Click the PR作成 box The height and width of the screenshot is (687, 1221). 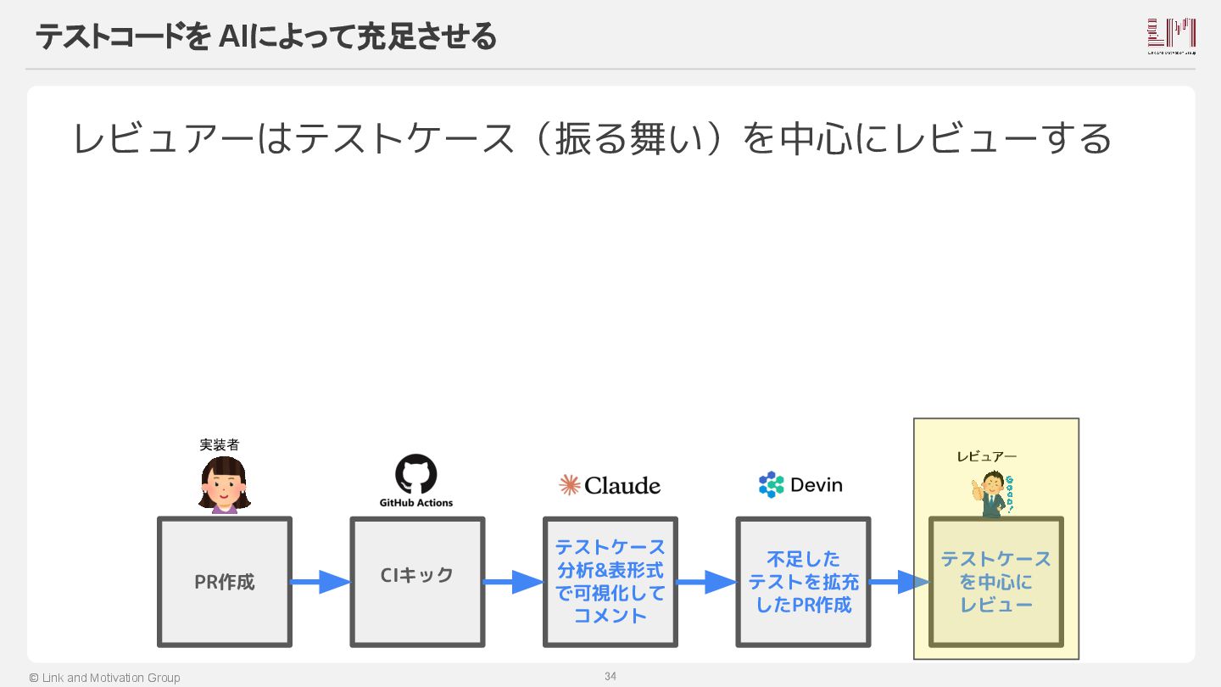pyautogui.click(x=225, y=582)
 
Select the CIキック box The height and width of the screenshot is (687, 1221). pyautogui.click(x=417, y=582)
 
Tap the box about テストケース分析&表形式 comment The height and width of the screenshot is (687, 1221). pyautogui.click(x=610, y=582)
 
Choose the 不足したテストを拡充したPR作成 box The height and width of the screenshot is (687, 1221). pyautogui.click(x=803, y=582)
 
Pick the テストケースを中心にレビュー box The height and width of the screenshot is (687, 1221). pyautogui.click(x=995, y=582)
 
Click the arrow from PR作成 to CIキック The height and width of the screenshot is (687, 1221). pyautogui.click(x=321, y=582)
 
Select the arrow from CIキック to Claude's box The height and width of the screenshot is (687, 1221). pyautogui.click(x=514, y=582)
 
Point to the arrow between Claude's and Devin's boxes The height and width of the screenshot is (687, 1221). pyautogui.click(x=707, y=582)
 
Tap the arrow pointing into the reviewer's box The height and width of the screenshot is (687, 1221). pyautogui.click(x=900, y=582)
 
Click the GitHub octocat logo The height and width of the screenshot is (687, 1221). pyautogui.click(x=416, y=474)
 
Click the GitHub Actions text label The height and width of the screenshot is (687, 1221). pyautogui.click(x=416, y=503)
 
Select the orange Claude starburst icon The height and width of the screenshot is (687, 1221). pyautogui.click(x=570, y=485)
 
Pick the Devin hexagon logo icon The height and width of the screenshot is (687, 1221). pyautogui.click(x=772, y=484)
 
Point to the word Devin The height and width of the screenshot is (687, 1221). pyautogui.click(x=816, y=485)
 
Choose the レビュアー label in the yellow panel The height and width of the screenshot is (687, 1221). pyautogui.click(x=986, y=456)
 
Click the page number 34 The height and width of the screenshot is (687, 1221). pyautogui.click(x=610, y=676)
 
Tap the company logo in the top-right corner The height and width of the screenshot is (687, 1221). pyautogui.click(x=1171, y=36)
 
